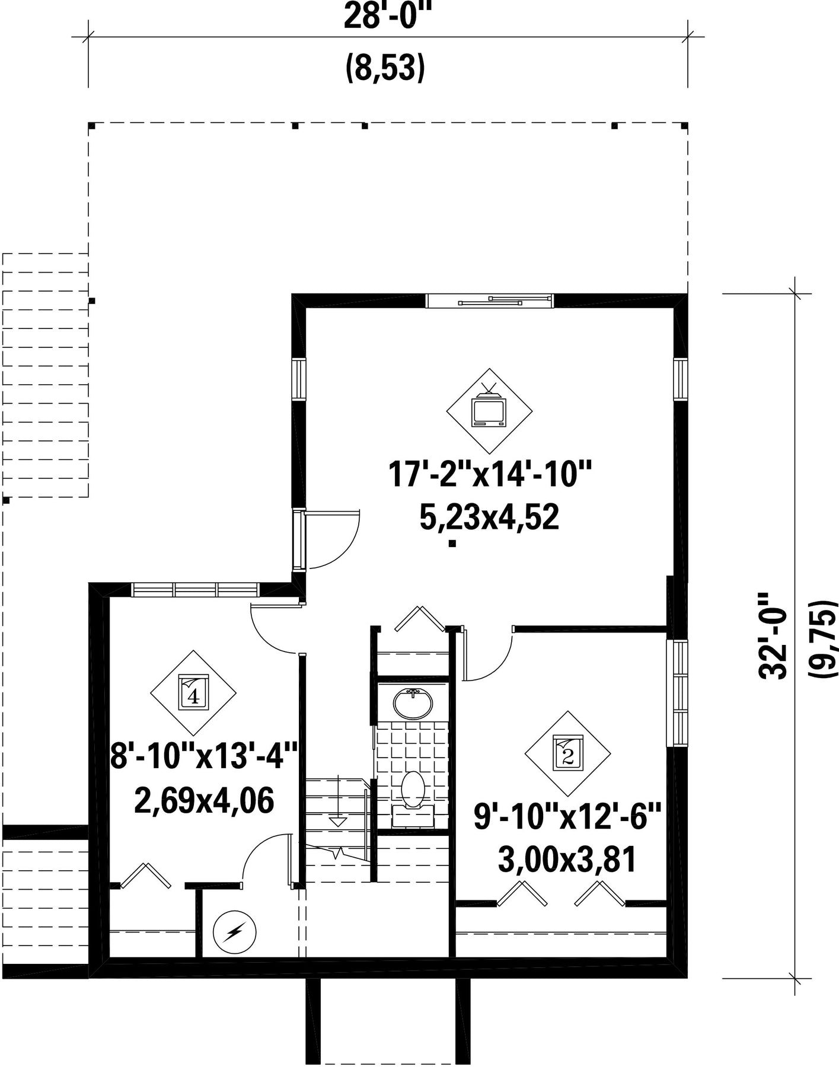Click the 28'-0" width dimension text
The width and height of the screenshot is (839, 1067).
pos(385,15)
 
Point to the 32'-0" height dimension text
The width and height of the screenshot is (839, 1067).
pos(773,636)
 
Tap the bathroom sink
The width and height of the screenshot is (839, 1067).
pos(413,704)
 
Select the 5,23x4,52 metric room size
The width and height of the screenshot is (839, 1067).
pos(490,518)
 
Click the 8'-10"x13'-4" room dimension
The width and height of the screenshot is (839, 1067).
pos(203,758)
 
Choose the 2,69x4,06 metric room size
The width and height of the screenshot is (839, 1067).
pos(205,801)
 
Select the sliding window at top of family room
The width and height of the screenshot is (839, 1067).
pos(490,301)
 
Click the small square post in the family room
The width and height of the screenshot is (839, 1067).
pos(452,543)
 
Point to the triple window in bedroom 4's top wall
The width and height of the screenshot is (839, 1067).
pos(195,590)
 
